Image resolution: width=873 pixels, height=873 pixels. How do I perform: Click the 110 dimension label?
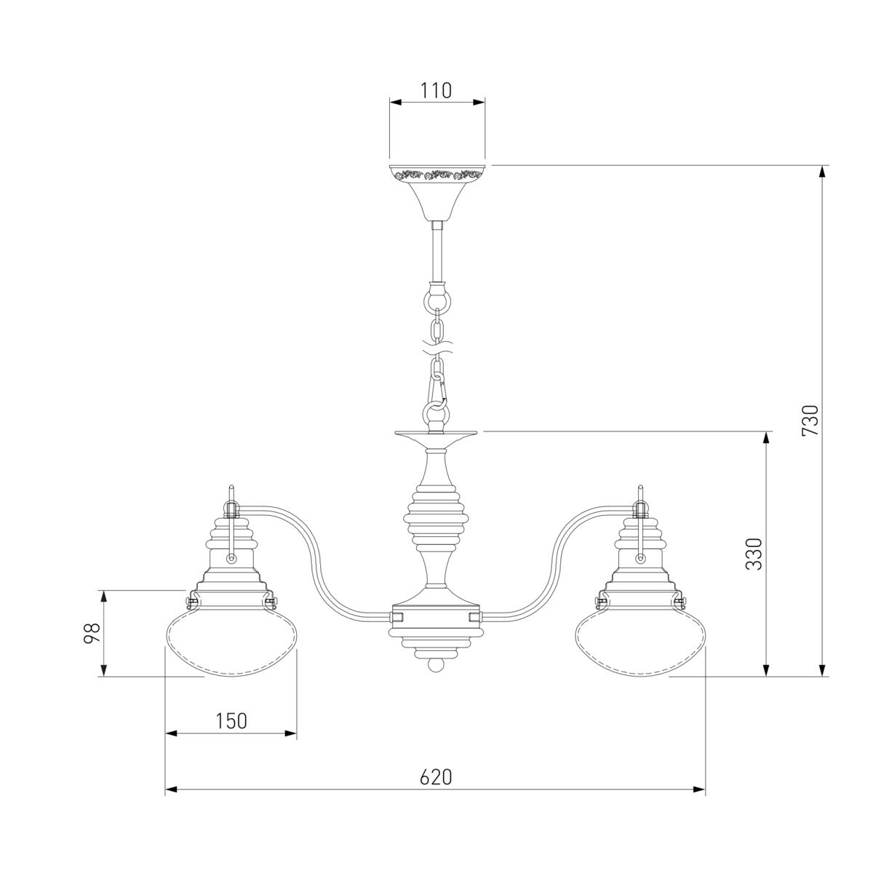(436, 91)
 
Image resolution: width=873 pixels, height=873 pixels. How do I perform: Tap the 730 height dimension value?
(810, 420)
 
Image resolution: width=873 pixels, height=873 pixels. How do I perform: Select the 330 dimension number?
(754, 554)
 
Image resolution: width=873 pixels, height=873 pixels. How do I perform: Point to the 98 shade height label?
(92, 634)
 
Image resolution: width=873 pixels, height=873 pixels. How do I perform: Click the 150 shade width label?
(231, 721)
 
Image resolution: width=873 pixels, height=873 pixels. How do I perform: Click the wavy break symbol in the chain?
(437, 346)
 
